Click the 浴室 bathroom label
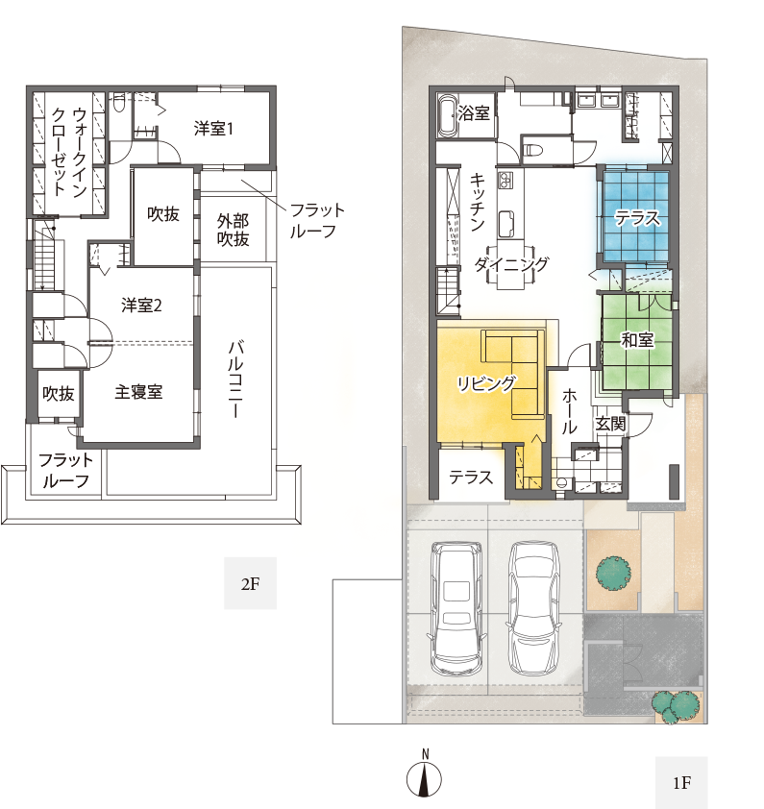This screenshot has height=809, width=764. (474, 113)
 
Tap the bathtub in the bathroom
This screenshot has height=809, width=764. (448, 117)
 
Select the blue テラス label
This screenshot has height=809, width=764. (637, 218)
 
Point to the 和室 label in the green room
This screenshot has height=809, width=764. (637, 340)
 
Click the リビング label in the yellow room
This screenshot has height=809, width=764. (486, 383)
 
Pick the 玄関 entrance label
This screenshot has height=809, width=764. (610, 424)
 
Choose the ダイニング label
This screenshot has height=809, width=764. (511, 264)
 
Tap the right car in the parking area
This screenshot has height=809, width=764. (533, 607)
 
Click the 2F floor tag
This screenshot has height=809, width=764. (251, 583)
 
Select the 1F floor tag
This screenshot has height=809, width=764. (681, 783)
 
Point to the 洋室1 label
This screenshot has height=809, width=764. (213, 129)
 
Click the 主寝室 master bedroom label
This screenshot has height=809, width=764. (138, 392)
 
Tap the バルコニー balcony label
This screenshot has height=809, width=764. (235, 379)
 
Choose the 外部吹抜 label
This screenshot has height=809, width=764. (234, 230)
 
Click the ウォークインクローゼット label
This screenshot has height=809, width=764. (69, 152)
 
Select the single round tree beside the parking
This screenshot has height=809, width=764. (613, 572)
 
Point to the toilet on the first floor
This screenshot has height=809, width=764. (532, 151)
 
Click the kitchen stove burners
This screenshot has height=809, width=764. (505, 180)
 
